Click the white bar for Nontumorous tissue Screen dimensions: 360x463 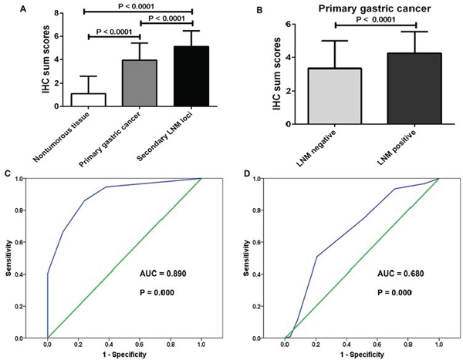click(x=87, y=99)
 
